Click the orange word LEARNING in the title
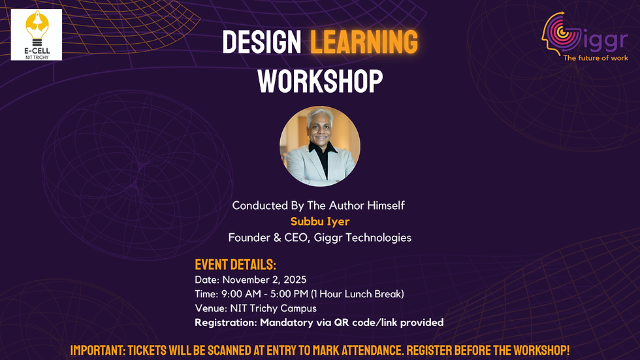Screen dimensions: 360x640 [364, 42]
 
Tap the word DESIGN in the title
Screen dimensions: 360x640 [261, 42]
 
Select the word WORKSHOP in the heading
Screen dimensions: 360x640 [320, 81]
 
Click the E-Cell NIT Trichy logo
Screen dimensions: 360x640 [37, 35]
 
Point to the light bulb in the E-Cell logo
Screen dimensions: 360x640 [37, 26]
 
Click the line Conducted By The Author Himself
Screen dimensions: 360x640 [319, 205]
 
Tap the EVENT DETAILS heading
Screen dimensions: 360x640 [236, 265]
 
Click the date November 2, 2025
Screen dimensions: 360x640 [263, 280]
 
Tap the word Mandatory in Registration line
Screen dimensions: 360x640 [285, 323]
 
